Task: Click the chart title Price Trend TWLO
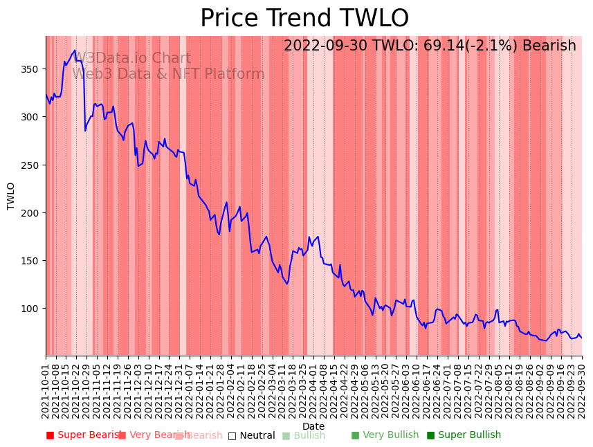pyautogui.click(x=304, y=19)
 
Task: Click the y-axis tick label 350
pyautogui.click(x=30, y=69)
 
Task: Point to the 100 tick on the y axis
pyautogui.click(x=30, y=309)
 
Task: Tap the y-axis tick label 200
pyautogui.click(x=30, y=213)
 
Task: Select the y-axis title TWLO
pyautogui.click(x=11, y=196)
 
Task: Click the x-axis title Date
pyautogui.click(x=313, y=427)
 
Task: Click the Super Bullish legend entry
pyautogui.click(x=464, y=435)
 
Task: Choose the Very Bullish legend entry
pyautogui.click(x=385, y=435)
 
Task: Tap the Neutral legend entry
pyautogui.click(x=251, y=435)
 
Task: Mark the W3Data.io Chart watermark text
pyautogui.click(x=131, y=58)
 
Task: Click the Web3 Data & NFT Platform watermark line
pyautogui.click(x=168, y=74)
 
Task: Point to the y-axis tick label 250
pyautogui.click(x=30, y=165)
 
